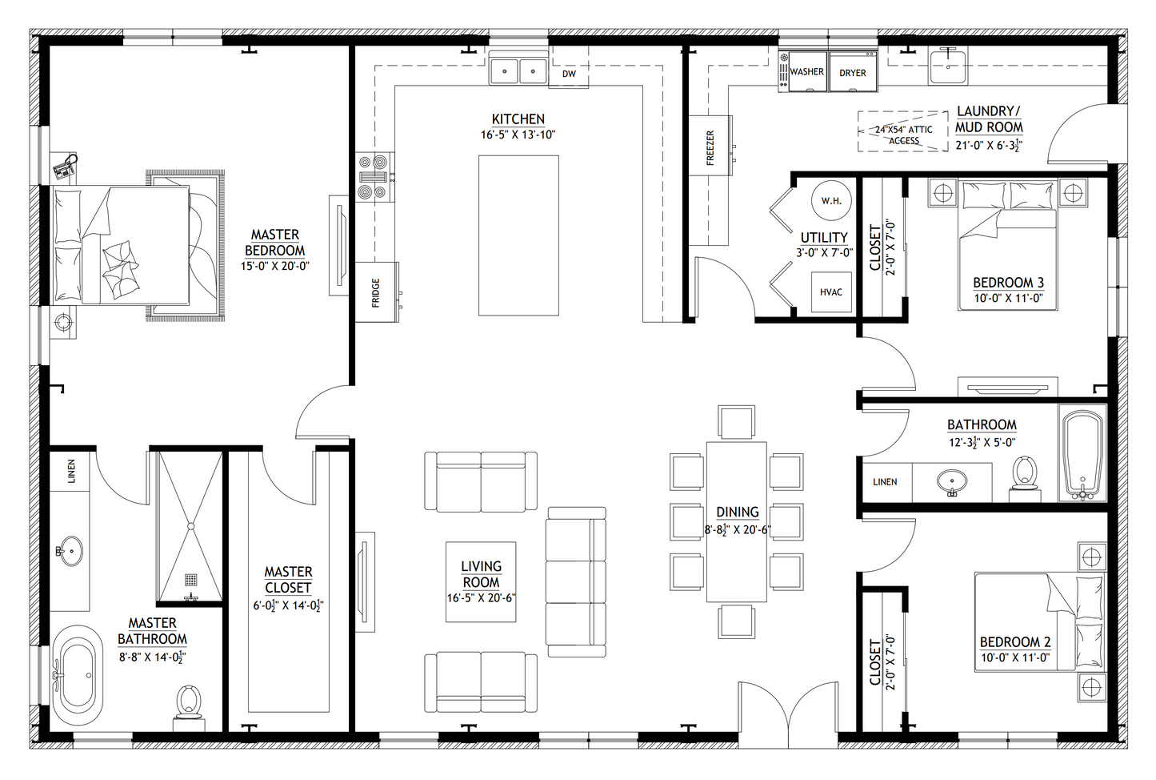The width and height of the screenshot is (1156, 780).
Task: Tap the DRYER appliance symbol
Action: [853, 71]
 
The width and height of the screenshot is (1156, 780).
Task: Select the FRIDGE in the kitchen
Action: [377, 292]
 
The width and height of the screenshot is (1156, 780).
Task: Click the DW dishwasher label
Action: [569, 74]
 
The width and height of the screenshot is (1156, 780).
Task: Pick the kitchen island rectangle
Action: [518, 235]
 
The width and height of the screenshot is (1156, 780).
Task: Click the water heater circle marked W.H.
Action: [831, 200]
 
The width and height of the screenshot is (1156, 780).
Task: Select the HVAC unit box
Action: [831, 291]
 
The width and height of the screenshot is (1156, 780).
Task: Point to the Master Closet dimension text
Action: [288, 605]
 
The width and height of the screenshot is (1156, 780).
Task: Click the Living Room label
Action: [481, 574]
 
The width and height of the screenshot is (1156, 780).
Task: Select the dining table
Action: [736, 521]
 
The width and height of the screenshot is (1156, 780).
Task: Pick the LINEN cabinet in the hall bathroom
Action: [885, 482]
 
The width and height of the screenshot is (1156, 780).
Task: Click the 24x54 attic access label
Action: [903, 135]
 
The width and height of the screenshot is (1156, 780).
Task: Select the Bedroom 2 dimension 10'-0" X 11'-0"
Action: [1015, 657]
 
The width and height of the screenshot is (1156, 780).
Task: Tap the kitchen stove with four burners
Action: [375, 177]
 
